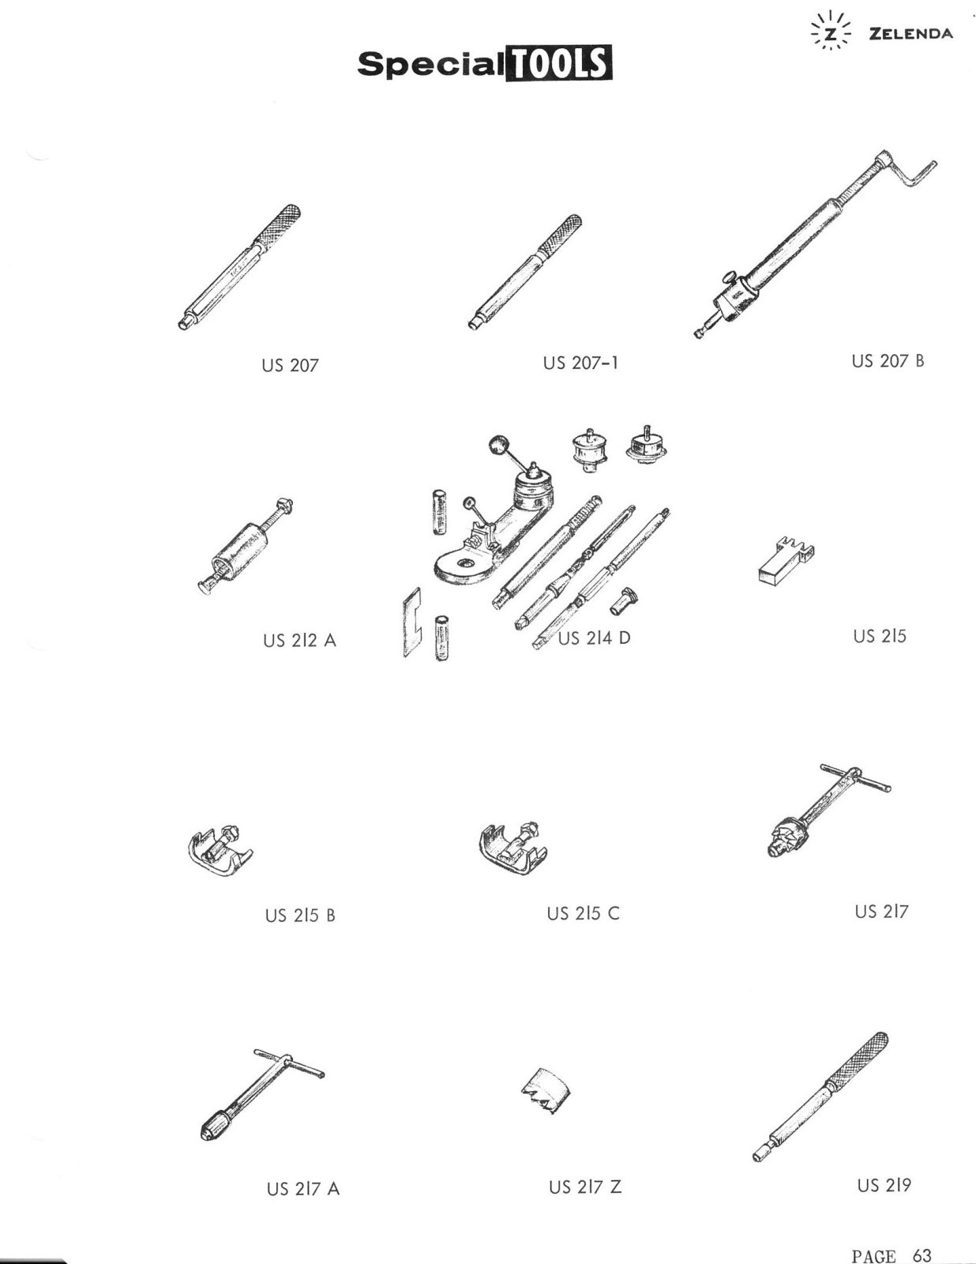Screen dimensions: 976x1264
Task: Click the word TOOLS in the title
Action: pos(558,63)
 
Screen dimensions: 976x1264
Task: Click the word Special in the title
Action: pos(430,64)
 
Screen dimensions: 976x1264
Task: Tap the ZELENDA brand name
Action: pos(911,33)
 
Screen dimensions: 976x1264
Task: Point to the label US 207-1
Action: pos(580,363)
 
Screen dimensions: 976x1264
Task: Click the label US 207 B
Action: pos(888,361)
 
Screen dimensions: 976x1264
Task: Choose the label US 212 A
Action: pos(299,640)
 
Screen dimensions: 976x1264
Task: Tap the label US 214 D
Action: pos(594,638)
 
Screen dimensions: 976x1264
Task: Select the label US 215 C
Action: pos(583,913)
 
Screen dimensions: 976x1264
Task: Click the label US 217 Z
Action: pos(585,1187)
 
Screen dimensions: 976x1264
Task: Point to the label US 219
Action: pos(884,1185)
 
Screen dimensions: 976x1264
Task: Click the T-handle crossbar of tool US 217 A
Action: pos(289,1063)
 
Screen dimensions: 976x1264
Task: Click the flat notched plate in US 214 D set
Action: pos(412,622)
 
